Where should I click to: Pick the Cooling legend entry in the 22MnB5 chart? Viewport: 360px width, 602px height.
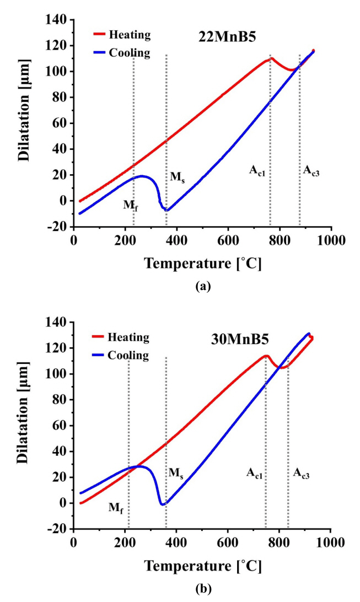point(131,53)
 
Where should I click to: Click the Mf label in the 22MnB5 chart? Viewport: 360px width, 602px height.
point(130,206)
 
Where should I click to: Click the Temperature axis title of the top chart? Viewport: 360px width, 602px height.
point(203,264)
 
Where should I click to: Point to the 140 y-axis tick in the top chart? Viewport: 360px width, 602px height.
point(59,20)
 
